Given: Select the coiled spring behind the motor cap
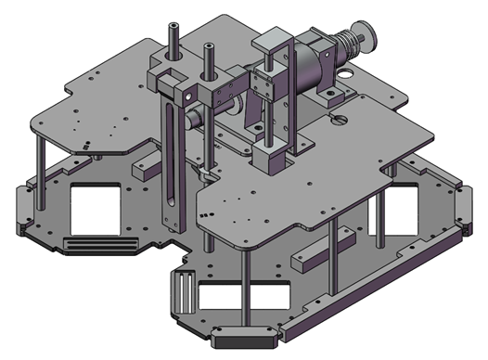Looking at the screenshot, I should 351,44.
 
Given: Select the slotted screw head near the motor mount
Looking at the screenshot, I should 337,118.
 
